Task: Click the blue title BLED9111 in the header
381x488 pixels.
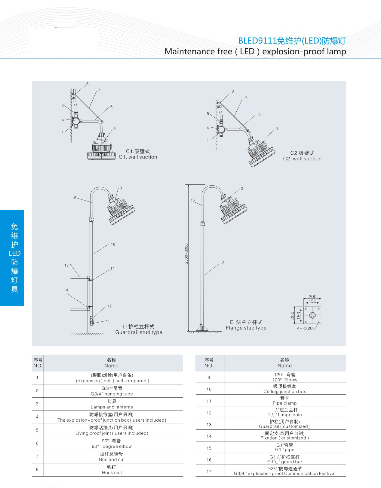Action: click(x=257, y=41)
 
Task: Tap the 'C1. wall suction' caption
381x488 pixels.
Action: click(x=138, y=157)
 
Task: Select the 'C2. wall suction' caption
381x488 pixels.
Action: click(x=302, y=159)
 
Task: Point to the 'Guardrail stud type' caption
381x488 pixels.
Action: click(x=139, y=332)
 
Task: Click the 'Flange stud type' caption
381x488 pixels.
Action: click(x=246, y=328)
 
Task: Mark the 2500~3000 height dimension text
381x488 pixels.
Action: click(x=186, y=253)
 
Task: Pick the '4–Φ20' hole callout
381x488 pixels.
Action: click(x=305, y=328)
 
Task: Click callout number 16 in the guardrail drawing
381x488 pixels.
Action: click(x=113, y=244)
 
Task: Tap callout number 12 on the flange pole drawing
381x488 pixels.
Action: click(x=222, y=262)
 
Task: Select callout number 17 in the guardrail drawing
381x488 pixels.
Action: click(x=109, y=306)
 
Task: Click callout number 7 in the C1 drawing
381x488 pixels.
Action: click(x=99, y=90)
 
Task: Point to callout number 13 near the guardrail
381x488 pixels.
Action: click(x=66, y=265)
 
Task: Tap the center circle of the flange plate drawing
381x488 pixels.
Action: click(x=312, y=315)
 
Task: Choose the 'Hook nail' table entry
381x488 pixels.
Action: click(x=112, y=472)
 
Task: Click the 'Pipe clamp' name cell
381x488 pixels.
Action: click(x=284, y=403)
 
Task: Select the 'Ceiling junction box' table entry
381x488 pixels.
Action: click(x=284, y=391)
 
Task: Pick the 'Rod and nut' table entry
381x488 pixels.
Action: click(x=112, y=459)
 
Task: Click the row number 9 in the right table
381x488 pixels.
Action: click(x=209, y=377)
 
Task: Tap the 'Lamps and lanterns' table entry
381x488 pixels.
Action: click(x=112, y=407)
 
